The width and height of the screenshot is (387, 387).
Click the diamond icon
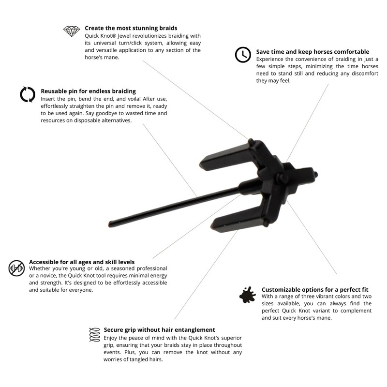[x=72, y=31]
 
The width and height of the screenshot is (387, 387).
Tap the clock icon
[x=243, y=55]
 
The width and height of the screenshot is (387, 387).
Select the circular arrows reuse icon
[x=28, y=94]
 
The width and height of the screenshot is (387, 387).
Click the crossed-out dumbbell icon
[x=16, y=268]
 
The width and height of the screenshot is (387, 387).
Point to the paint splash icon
[x=247, y=294]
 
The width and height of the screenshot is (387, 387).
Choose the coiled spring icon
[x=95, y=334]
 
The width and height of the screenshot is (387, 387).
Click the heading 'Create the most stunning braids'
[x=131, y=28]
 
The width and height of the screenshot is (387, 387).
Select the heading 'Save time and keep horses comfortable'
[x=313, y=52]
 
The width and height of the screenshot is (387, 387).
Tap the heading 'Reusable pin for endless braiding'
[x=88, y=91]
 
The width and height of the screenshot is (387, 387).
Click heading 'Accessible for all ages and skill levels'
[x=82, y=262]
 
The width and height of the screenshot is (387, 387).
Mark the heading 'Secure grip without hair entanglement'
[x=159, y=330]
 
